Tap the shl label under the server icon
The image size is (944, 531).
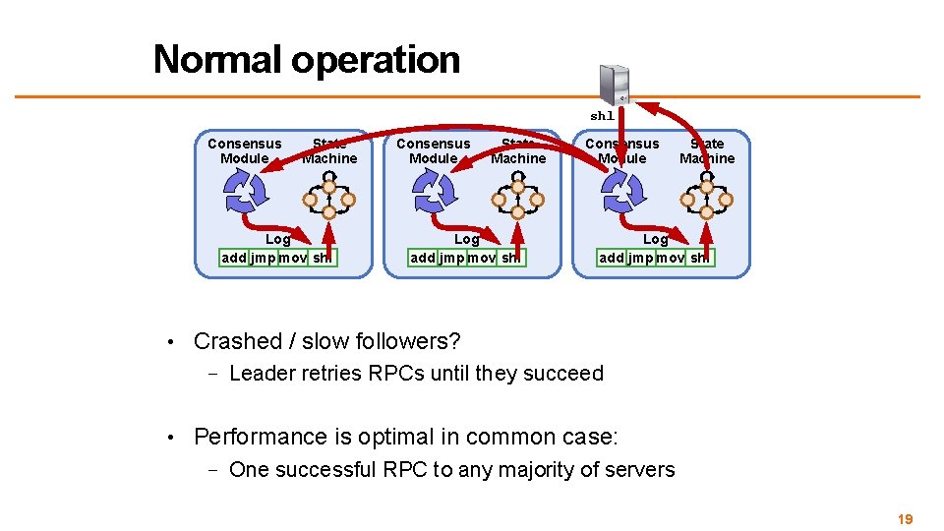(x=602, y=116)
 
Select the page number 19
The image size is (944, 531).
(x=906, y=519)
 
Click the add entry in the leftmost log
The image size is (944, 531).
(x=234, y=259)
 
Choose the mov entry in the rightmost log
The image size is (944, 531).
(x=670, y=259)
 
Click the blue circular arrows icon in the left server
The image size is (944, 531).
(x=243, y=190)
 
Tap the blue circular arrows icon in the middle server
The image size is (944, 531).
(x=433, y=190)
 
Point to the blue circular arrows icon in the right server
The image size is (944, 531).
(x=621, y=190)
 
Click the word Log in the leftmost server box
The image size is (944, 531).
(x=278, y=239)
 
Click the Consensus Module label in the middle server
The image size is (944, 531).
(x=434, y=150)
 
